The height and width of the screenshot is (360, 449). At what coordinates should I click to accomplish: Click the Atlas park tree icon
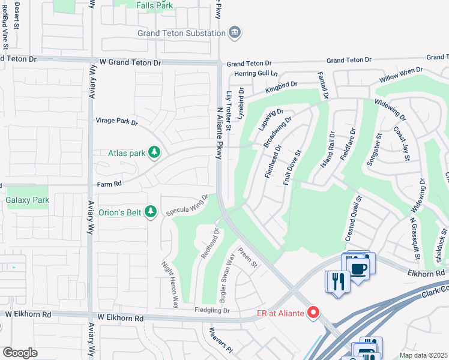click(155, 152)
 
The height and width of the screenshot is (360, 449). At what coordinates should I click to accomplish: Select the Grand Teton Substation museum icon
click(235, 32)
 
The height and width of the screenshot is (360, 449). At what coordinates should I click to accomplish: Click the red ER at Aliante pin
click(312, 312)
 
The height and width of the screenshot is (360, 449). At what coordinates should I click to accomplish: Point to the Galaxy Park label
click(27, 200)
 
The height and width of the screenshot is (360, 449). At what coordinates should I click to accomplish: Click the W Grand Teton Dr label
click(132, 62)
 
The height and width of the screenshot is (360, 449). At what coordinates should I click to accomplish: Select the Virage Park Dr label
click(117, 121)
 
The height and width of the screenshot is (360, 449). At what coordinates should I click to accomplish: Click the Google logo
click(20, 353)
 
